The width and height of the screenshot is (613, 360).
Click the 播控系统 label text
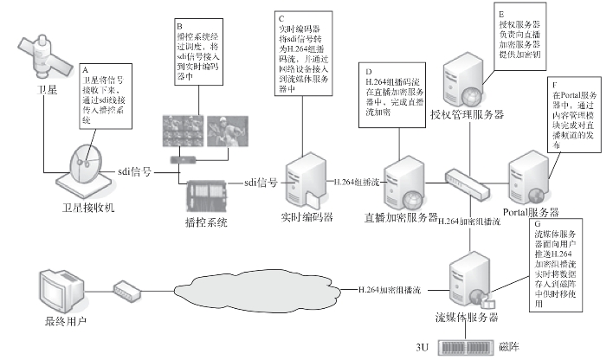(205, 222)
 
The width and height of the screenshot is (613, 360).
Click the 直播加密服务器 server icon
(400, 182)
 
